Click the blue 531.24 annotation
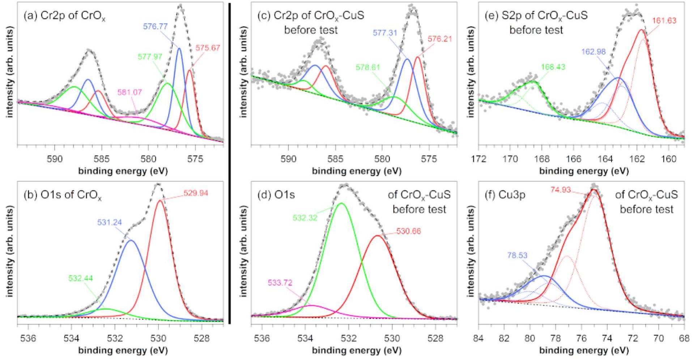tap(109, 223)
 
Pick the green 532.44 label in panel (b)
tap(80, 288)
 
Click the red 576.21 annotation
tap(440, 39)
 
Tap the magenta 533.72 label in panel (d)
tap(280, 282)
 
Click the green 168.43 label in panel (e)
tap(553, 67)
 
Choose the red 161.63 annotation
tap(664, 21)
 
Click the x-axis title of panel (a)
tap(123, 171)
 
